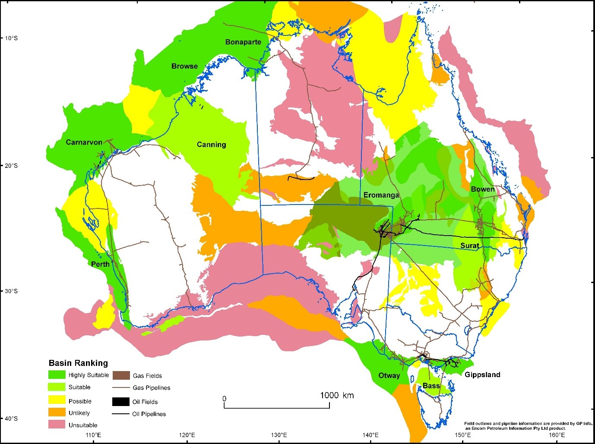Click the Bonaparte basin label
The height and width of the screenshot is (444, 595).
click(x=243, y=42)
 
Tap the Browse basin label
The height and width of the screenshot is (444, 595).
click(x=184, y=66)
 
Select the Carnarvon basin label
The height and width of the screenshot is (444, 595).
click(x=84, y=142)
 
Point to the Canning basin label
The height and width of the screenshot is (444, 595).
click(x=211, y=145)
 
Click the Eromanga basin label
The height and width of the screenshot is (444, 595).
click(x=381, y=195)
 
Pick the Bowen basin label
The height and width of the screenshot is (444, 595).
click(x=482, y=189)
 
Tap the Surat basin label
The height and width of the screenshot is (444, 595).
click(x=469, y=246)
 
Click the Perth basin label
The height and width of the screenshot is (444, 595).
click(x=100, y=264)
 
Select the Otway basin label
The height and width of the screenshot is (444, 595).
click(x=389, y=375)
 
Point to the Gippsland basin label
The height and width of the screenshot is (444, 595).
click(x=482, y=375)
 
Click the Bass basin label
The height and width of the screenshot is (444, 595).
click(x=431, y=386)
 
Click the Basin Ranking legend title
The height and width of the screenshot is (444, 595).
click(x=78, y=363)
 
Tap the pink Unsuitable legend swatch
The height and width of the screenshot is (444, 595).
click(x=57, y=425)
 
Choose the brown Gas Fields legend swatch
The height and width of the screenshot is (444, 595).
click(x=121, y=375)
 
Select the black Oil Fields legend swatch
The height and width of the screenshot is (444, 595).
click(x=121, y=402)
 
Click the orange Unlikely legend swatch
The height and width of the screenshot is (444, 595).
click(x=57, y=413)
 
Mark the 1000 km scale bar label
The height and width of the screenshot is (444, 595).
click(x=337, y=395)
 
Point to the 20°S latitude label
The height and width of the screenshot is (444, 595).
click(x=12, y=166)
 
